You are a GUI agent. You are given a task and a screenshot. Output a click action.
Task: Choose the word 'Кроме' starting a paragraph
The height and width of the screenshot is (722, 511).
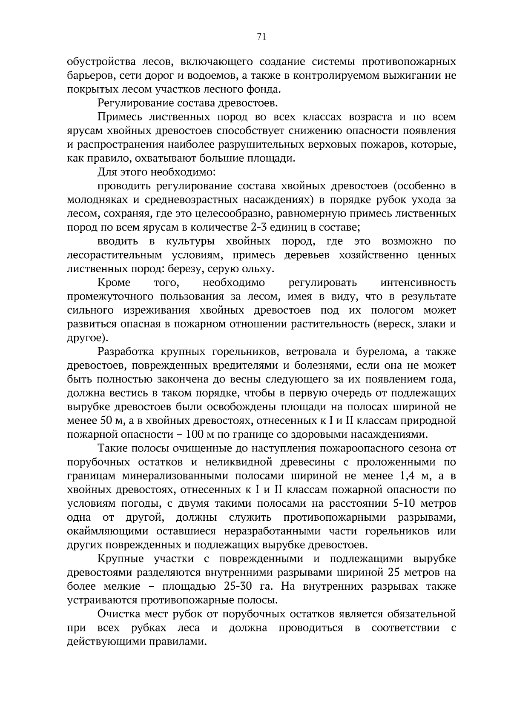click(x=114, y=283)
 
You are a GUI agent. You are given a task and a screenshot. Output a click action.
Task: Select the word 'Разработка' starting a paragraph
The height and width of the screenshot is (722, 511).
click(x=126, y=352)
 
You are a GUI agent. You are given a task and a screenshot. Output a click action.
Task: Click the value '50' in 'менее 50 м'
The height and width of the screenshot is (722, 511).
click(x=106, y=421)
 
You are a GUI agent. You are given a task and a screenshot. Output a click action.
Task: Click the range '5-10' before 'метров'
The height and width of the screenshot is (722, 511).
click(x=403, y=504)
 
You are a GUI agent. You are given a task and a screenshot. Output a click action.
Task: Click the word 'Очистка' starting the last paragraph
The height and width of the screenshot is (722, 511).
click(x=118, y=614)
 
